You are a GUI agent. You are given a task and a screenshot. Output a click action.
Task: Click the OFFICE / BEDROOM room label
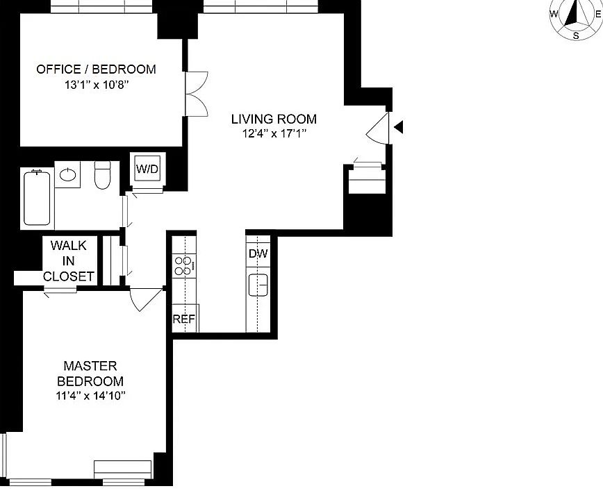tap(96, 69)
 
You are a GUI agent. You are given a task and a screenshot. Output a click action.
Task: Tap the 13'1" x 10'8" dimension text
tap(96, 85)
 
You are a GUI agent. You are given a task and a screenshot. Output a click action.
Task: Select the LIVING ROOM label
tap(274, 119)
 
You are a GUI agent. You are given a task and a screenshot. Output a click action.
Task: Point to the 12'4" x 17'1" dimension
tap(274, 134)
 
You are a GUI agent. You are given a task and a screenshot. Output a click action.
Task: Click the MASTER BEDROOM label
tap(90, 373)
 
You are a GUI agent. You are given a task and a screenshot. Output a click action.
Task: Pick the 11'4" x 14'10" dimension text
tap(91, 395)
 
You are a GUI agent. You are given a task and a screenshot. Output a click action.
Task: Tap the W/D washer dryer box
tap(147, 169)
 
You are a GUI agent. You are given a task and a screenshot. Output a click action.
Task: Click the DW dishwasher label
tap(258, 253)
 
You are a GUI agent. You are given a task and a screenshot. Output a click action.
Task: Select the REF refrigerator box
tap(185, 318)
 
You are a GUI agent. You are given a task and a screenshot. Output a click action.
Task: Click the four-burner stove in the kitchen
tap(184, 266)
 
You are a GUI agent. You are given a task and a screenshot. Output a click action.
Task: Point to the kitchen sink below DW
tap(258, 285)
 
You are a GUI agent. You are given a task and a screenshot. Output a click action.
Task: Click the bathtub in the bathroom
tap(37, 198)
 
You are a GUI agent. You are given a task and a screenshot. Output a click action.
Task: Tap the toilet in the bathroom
tap(102, 175)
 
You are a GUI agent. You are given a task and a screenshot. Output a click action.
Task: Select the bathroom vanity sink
tap(67, 174)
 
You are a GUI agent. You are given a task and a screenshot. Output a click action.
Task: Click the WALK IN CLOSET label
tap(69, 260)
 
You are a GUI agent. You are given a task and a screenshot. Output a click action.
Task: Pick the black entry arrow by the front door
tap(399, 126)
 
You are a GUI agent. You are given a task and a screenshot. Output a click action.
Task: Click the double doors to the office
tap(197, 94)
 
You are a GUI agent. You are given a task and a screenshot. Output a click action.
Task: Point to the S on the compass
tap(576, 36)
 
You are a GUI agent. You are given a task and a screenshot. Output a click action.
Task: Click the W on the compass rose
tap(554, 14)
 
